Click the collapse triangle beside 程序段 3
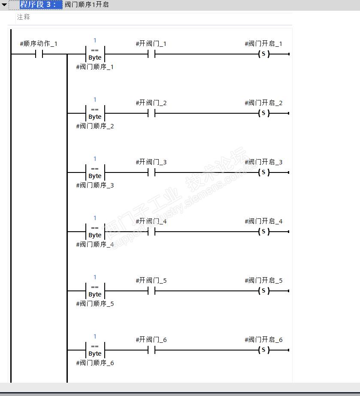(4, 5)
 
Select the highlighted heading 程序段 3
(38, 5)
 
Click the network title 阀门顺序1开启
(87, 5)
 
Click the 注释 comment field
(24, 17)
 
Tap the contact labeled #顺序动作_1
(39, 54)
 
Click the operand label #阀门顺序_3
(95, 185)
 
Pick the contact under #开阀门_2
(151, 113)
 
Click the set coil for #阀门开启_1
(263, 54)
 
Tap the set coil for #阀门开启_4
(263, 232)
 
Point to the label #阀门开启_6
(263, 340)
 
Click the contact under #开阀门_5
(151, 291)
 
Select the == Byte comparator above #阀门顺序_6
(95, 350)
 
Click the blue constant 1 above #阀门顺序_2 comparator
(95, 100)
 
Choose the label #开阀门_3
(151, 162)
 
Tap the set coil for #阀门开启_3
(263, 172)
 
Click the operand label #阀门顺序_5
(95, 304)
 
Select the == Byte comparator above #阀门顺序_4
(95, 232)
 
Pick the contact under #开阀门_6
(151, 350)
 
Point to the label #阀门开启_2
(263, 103)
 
